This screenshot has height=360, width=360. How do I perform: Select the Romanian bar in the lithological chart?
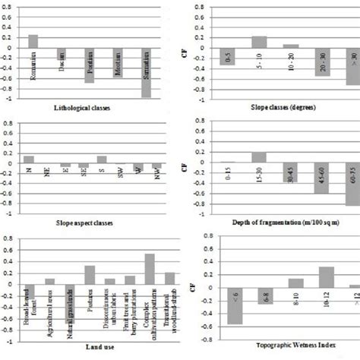tap(33, 41)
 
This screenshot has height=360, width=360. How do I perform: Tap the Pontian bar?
tap(90, 65)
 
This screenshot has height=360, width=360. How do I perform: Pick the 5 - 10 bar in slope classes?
tap(259, 42)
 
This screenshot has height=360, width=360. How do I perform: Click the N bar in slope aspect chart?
tap(29, 159)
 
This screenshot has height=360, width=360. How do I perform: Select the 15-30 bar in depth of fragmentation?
tap(259, 157)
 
